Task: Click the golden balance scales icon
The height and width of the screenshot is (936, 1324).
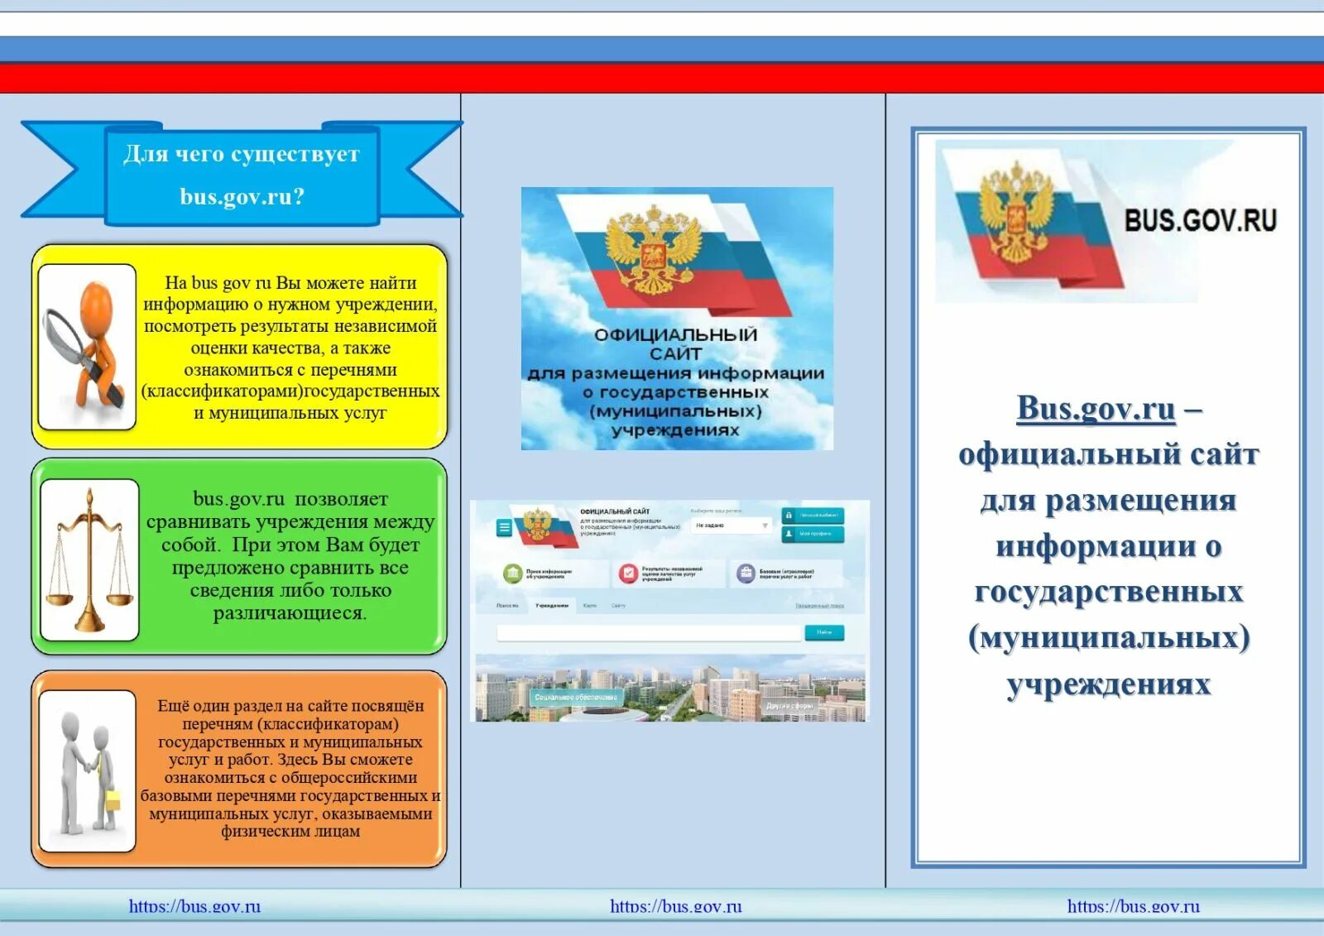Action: pos(89,560)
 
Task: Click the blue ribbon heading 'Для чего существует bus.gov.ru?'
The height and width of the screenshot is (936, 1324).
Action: pos(242,175)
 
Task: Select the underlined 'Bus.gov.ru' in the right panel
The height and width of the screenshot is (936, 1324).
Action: pos(1096,408)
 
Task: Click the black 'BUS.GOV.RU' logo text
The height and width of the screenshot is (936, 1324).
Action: pos(1200,220)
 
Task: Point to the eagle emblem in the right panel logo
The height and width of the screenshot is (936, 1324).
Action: pos(1015,213)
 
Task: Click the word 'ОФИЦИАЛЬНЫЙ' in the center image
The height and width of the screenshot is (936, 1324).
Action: pos(675,335)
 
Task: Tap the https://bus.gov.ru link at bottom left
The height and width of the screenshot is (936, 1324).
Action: pos(194,906)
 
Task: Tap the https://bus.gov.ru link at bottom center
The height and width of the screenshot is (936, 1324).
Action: pos(675,906)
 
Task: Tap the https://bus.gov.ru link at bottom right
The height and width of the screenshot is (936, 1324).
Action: pos(1133,906)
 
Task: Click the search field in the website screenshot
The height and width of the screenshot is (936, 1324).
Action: pos(650,633)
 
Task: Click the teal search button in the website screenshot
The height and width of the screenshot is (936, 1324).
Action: pos(824,632)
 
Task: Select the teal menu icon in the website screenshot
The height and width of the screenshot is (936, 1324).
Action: pos(504,527)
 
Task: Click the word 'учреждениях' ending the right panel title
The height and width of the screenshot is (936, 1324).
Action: pos(1108,684)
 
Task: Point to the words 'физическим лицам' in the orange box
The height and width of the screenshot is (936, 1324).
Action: pos(290,831)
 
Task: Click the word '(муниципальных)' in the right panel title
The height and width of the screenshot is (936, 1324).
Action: pos(1108,637)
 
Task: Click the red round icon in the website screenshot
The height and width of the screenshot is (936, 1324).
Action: pos(628,573)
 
